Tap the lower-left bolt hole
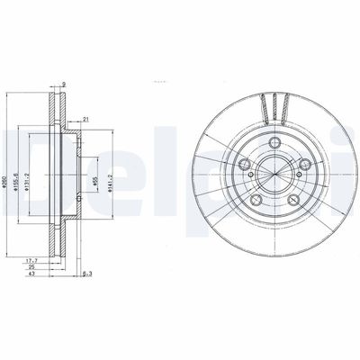(255, 200)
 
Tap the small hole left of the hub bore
(239, 176)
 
